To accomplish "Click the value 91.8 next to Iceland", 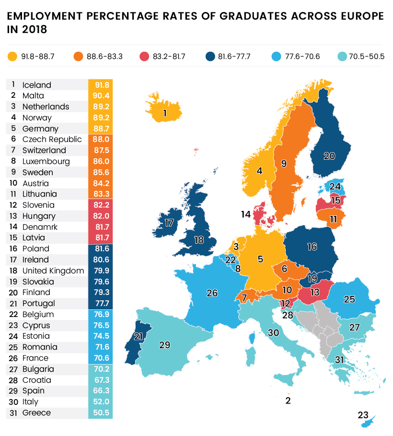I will click(x=100, y=85).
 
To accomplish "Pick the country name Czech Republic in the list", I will click(x=52, y=140).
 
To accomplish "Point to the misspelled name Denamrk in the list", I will click(x=40, y=227).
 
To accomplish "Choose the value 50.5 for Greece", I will click(x=100, y=413).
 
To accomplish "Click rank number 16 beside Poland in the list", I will click(x=13, y=248).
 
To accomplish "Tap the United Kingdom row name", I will click(x=53, y=271).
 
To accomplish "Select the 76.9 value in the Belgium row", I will click(x=100, y=315).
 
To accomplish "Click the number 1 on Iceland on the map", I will click(x=165, y=114).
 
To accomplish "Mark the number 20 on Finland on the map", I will click(x=329, y=156).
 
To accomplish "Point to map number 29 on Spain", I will click(x=164, y=345).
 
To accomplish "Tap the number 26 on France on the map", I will click(x=212, y=293).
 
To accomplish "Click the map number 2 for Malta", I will click(x=288, y=401).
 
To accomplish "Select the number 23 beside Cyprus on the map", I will click(x=363, y=415).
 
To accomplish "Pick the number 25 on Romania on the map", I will click(x=349, y=299).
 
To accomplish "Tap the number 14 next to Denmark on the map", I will click(x=246, y=214).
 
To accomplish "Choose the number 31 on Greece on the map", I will click(x=339, y=360).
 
